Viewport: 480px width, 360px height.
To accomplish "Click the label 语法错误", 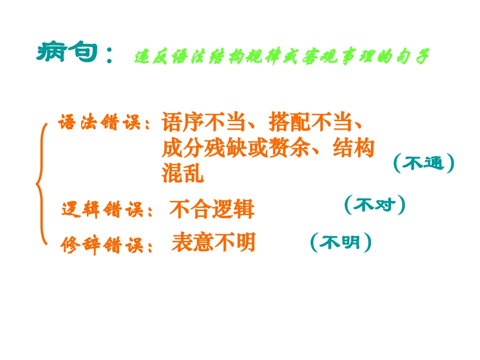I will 99,123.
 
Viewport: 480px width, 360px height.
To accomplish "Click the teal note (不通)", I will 423,163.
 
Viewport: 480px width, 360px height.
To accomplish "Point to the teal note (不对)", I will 374,205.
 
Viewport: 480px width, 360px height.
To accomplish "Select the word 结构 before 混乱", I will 354,148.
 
